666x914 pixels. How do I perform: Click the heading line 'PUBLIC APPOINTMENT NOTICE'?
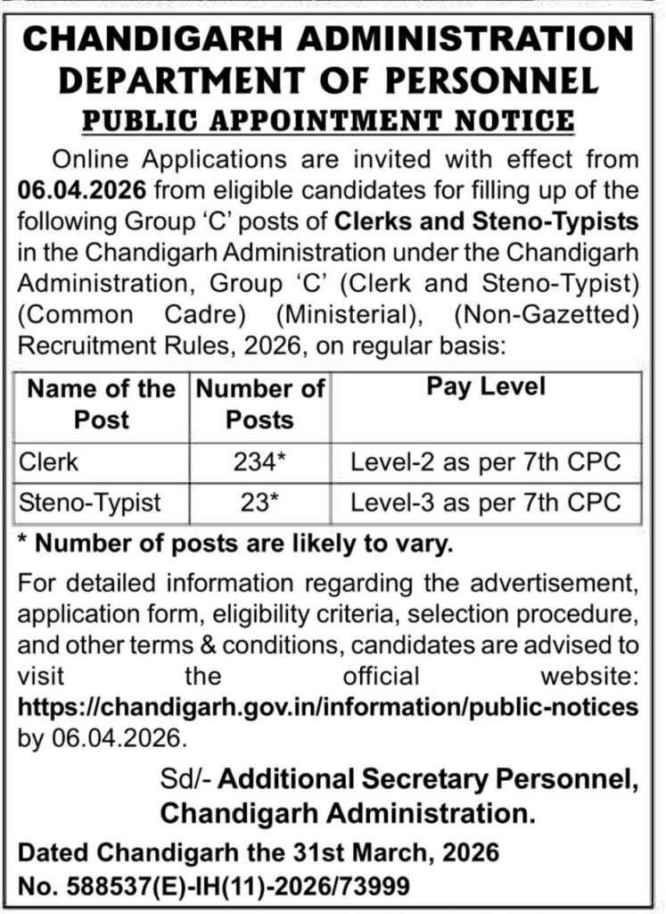[x=333, y=120]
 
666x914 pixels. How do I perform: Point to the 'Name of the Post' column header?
[x=102, y=403]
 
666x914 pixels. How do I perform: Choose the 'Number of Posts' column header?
[x=260, y=403]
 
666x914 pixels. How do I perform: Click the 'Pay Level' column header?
[x=486, y=388]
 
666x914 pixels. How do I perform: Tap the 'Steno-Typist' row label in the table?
[x=90, y=502]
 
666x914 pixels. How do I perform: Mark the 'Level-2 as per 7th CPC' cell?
[x=486, y=462]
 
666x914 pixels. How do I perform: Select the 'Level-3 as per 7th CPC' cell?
[x=486, y=502]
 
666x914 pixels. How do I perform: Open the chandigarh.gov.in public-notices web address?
[x=328, y=707]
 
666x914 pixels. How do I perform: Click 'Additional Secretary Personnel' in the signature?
[x=427, y=780]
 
